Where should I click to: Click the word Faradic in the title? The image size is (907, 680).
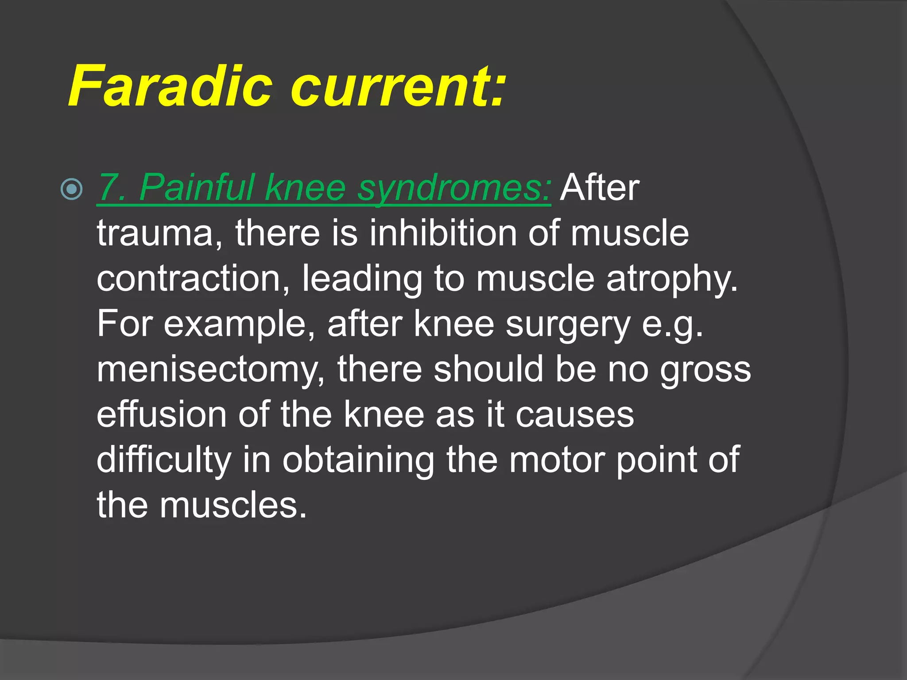(170, 86)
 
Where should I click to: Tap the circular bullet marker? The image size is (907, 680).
(71, 189)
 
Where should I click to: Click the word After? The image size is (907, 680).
(600, 188)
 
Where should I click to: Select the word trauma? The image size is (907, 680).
(159, 234)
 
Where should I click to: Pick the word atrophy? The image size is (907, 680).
(672, 280)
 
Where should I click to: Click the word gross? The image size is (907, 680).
(705, 371)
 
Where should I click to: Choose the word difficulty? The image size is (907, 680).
(164, 461)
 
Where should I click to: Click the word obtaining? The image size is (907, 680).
(358, 461)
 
